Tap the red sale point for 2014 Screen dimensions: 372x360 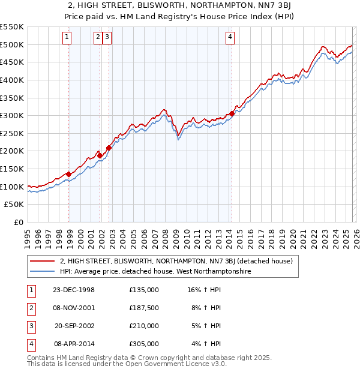pos(232,114)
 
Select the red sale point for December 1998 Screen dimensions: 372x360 pos(69,175)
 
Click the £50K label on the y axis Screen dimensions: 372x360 pos(14,205)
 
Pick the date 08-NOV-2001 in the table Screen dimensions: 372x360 pos(74,308)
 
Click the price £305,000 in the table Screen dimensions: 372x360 pos(144,344)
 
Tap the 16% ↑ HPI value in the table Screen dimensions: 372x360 pos(204,290)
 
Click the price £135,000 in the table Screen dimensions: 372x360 pos(144,290)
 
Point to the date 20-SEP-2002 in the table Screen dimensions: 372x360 pos(74,326)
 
